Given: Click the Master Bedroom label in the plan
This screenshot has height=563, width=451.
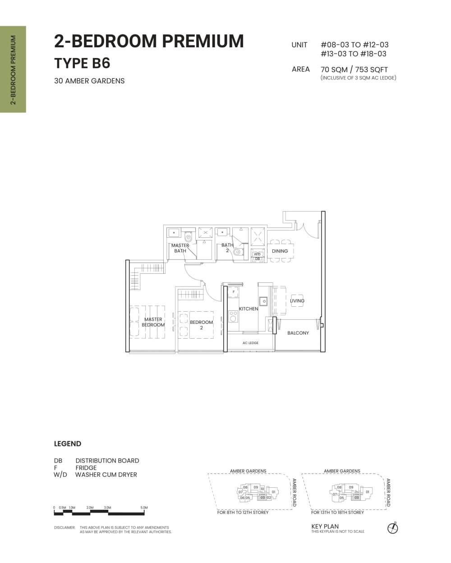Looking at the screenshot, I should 153,322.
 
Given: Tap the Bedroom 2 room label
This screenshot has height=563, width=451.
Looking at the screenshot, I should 201,325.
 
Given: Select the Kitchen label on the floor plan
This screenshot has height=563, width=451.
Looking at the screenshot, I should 249,309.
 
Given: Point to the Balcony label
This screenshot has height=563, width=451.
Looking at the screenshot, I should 298,333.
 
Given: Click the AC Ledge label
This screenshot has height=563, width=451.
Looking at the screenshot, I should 250,343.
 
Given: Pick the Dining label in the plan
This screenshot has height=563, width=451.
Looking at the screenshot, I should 280,251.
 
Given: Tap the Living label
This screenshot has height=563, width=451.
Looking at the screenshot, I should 297,300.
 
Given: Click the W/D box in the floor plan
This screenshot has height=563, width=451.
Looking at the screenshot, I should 257,254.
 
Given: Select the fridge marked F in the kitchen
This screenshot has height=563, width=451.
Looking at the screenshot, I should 233,292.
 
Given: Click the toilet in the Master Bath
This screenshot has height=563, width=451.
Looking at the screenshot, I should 189,237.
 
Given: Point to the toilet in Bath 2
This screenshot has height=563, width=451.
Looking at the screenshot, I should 237,252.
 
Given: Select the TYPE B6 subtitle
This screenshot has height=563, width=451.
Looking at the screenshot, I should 82,64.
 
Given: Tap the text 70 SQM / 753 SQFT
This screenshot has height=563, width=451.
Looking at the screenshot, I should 354,69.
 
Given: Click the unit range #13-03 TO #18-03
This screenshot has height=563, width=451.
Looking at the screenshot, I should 354,54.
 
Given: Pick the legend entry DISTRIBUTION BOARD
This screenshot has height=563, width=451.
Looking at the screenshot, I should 107,461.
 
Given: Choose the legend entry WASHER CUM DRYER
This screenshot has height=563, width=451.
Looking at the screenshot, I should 106,474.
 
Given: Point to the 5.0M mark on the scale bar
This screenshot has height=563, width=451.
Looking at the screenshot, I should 144,508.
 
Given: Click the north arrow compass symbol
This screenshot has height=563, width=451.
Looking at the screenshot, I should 393,527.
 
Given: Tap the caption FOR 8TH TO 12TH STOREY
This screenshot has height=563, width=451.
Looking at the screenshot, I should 243,513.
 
